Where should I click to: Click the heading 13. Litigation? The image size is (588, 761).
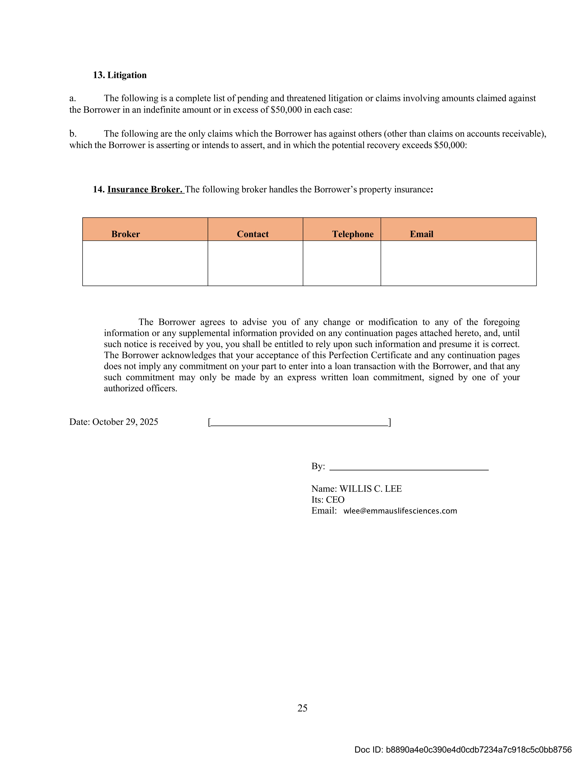pos(120,75)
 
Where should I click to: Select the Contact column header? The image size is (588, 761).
pos(253,234)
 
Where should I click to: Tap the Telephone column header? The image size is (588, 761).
pos(353,234)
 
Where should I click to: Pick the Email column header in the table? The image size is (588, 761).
pos(421,234)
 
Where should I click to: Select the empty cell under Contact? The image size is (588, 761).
pos(255,263)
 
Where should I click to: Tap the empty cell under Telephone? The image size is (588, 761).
pos(342,263)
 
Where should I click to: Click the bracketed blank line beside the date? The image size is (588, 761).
pos(299,423)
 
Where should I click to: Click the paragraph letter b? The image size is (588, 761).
pos(73,134)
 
